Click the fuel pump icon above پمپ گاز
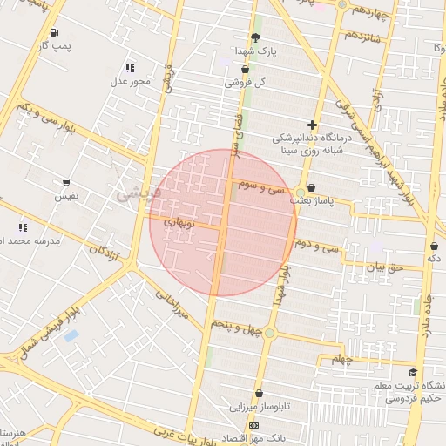[57, 32]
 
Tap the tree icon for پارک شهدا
[255, 37]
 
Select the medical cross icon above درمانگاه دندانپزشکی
[312, 125]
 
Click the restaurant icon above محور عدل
[130, 68]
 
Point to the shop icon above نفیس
[66, 184]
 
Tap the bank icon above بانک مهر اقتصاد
[253, 425]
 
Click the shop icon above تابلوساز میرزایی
[259, 394]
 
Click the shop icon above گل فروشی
[245, 70]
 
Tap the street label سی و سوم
[266, 186]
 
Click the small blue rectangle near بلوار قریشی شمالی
[71, 335]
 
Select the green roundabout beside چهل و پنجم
[270, 333]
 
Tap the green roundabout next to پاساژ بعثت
[301, 193]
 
